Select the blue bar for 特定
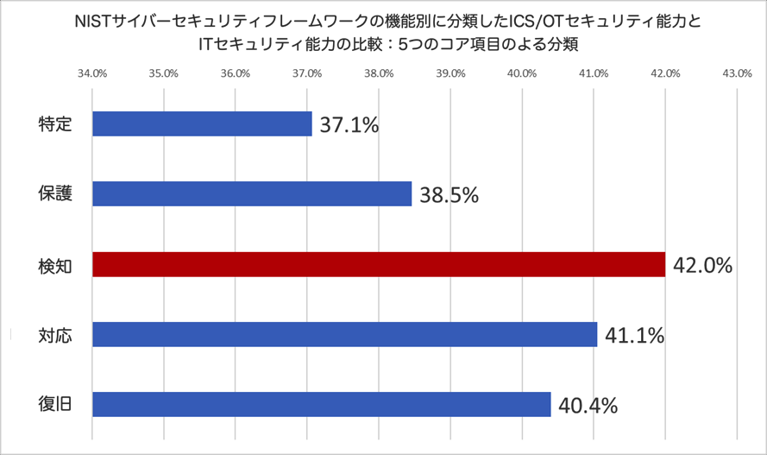tap(202, 124)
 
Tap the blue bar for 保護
tap(252, 194)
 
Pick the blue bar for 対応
tap(344, 334)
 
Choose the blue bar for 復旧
tap(321, 404)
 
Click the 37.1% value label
tap(349, 125)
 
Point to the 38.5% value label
tap(449, 195)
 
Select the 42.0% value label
tap(702, 265)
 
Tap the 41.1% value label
tap(634, 335)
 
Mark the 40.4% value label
tap(588, 405)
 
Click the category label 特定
tap(54, 124)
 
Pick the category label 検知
tap(54, 264)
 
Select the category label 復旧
tap(54, 404)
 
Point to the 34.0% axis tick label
tap(92, 73)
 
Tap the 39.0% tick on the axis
tap(450, 73)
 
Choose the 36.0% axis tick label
tap(236, 73)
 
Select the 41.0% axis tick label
tap(593, 73)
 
